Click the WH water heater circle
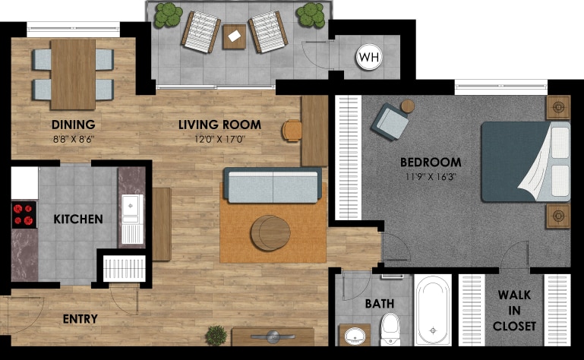368,57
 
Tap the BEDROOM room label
431,162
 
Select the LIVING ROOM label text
219,125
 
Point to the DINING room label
73,125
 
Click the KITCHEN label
78,219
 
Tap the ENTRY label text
80,319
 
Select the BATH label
379,304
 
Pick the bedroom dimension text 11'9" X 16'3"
431,178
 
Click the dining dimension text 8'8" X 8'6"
73,139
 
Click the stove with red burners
24,214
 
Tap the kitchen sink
132,205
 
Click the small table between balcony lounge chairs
234,36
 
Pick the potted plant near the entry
216,335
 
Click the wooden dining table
73,73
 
